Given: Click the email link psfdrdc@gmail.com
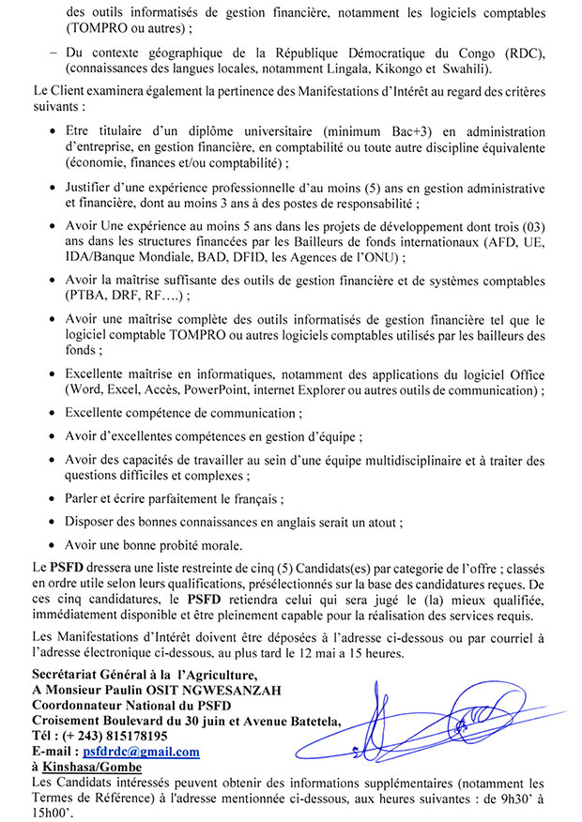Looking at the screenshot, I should coord(141,752).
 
